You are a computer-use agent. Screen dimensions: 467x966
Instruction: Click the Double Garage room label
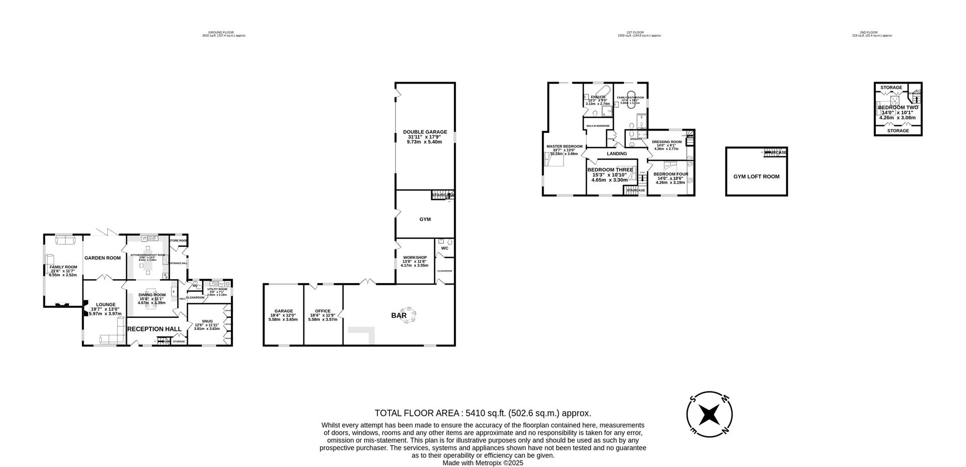pyautogui.click(x=425, y=132)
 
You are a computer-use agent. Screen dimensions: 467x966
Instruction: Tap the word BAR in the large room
pyautogui.click(x=399, y=316)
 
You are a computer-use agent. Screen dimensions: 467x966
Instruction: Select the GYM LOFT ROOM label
pyautogui.click(x=756, y=177)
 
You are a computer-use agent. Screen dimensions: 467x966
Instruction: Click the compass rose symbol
pyautogui.click(x=709, y=415)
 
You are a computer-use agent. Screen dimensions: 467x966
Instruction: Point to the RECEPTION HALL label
pyautogui.click(x=154, y=329)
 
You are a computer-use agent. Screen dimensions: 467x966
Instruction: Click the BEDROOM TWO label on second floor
pyautogui.click(x=898, y=107)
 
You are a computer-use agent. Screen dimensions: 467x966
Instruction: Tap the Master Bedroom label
pyautogui.click(x=565, y=147)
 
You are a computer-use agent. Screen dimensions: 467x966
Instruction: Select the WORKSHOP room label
pyautogui.click(x=415, y=257)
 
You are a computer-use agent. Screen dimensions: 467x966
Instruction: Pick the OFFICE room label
pyautogui.click(x=323, y=311)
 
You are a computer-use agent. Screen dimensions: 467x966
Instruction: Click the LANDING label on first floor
pyautogui.click(x=617, y=154)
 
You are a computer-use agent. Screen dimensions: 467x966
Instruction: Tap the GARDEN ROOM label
pyautogui.click(x=103, y=258)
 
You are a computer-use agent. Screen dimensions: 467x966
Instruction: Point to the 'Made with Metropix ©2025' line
pyautogui.click(x=482, y=462)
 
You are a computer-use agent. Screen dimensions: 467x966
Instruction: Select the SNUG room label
pyautogui.click(x=207, y=321)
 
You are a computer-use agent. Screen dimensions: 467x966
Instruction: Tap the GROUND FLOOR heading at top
pyautogui.click(x=224, y=32)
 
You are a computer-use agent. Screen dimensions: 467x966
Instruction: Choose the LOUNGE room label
pyautogui.click(x=106, y=304)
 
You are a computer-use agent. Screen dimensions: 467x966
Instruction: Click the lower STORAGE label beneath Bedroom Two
pyautogui.click(x=898, y=131)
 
